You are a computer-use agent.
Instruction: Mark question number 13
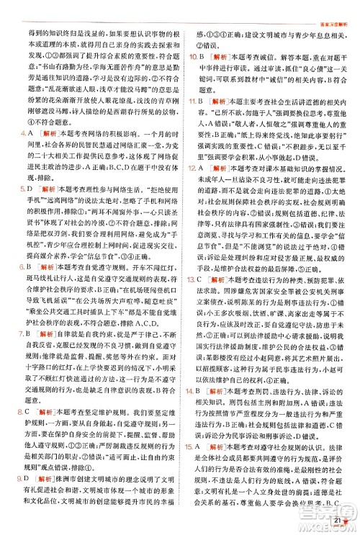tap(194, 318)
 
